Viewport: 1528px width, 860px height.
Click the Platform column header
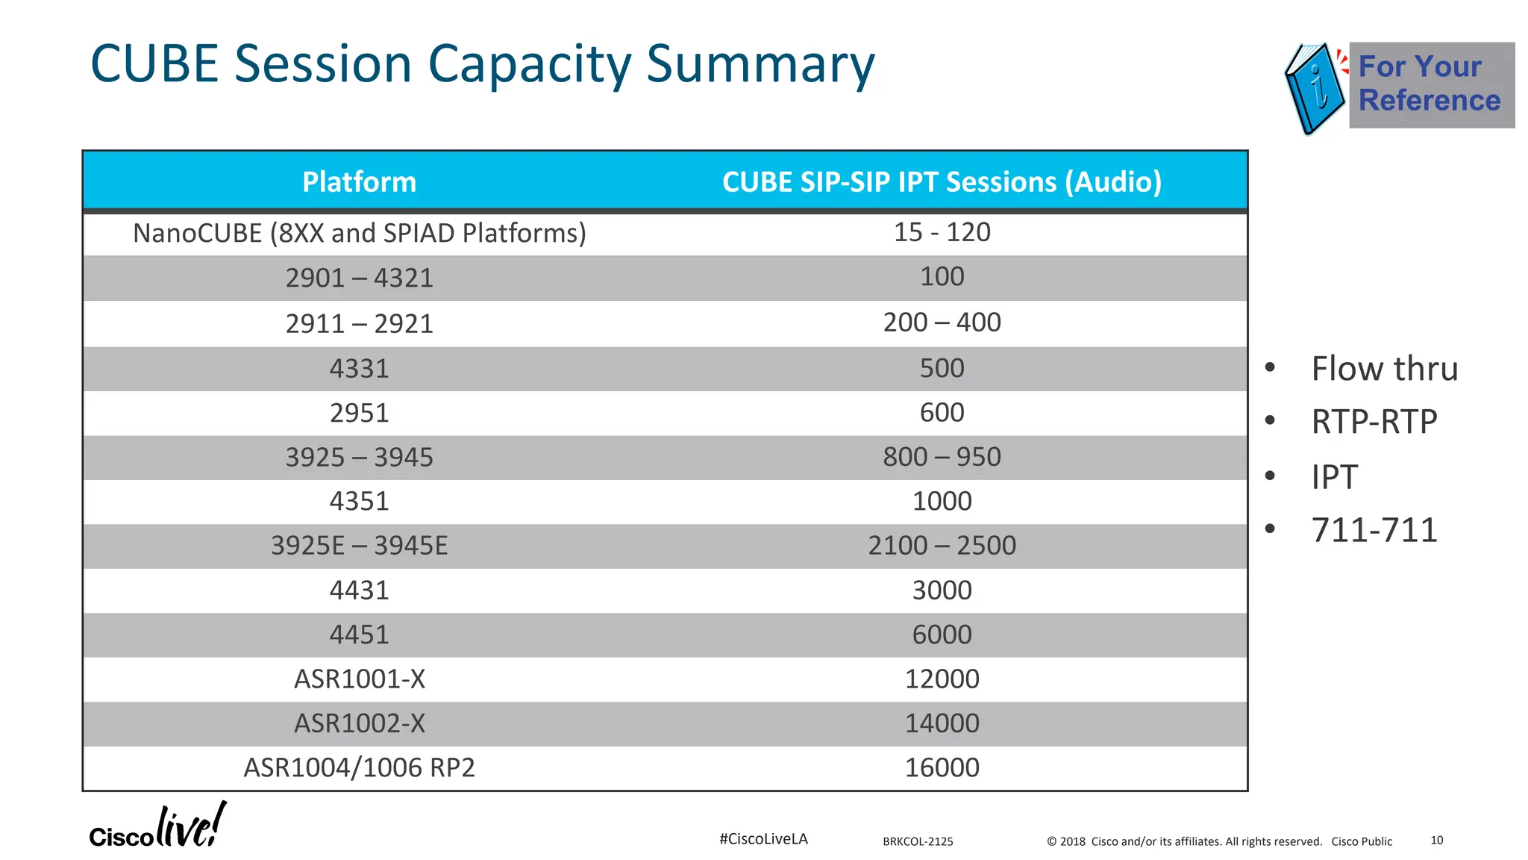(359, 182)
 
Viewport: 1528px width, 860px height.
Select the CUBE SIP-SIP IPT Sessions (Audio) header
(942, 182)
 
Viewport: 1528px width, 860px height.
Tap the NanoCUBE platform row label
(359, 233)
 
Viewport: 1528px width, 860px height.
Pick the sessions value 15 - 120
(942, 232)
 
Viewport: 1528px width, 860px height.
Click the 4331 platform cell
(359, 368)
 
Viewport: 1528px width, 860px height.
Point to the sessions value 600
(942, 412)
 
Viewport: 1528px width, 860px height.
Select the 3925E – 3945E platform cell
(359, 546)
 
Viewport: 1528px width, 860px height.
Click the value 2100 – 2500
(942, 546)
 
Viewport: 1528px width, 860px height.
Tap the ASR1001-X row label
(359, 679)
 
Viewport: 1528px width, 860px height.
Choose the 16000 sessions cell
(942, 767)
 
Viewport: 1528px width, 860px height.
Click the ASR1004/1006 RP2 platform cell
(359, 767)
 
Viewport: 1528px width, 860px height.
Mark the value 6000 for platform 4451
(942, 635)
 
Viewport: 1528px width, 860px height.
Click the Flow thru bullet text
(1384, 369)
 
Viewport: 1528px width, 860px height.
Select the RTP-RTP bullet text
(1374, 422)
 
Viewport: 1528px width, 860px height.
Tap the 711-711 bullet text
(1374, 530)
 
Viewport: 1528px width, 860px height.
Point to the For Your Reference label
(1429, 84)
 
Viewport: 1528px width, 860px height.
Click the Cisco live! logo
(157, 827)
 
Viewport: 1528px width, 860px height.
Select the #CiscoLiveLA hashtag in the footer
(763, 839)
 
